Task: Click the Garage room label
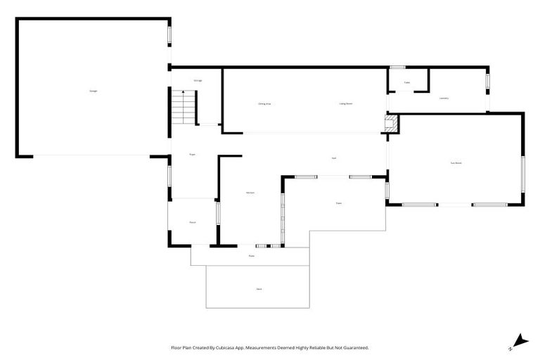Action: coord(93,91)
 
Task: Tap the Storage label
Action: coord(198,81)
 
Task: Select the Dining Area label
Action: coord(264,103)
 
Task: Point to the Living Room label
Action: coord(346,103)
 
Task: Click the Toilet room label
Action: coord(407,83)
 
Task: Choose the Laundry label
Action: coord(444,98)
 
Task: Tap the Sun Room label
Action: coord(456,163)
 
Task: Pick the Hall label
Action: coord(333,157)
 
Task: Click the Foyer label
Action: coord(192,153)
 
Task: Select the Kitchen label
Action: coord(250,193)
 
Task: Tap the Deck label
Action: coord(259,289)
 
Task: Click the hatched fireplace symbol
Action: coord(391,124)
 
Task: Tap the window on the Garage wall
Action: coord(169,34)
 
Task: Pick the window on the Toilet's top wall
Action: coord(397,67)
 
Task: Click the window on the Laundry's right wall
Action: coord(487,82)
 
